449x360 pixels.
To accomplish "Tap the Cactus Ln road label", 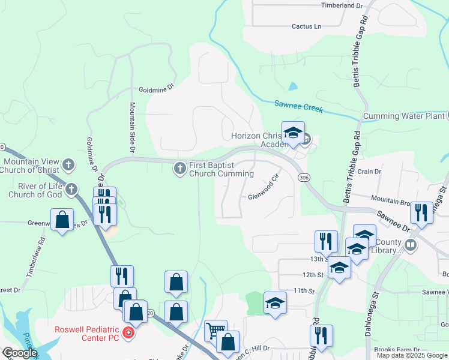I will [x=307, y=26].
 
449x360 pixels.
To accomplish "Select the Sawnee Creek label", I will [x=298, y=106].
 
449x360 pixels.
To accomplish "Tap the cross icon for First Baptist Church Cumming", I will [x=179, y=169].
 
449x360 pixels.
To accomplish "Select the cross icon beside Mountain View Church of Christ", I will [x=69, y=164].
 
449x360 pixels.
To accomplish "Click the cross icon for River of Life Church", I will [x=71, y=190].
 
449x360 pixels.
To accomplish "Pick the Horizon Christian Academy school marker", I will [x=294, y=133].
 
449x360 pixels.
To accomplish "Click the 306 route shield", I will [x=304, y=177].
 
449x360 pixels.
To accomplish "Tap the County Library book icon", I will [x=411, y=244].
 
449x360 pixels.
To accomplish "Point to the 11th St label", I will [x=304, y=290].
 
